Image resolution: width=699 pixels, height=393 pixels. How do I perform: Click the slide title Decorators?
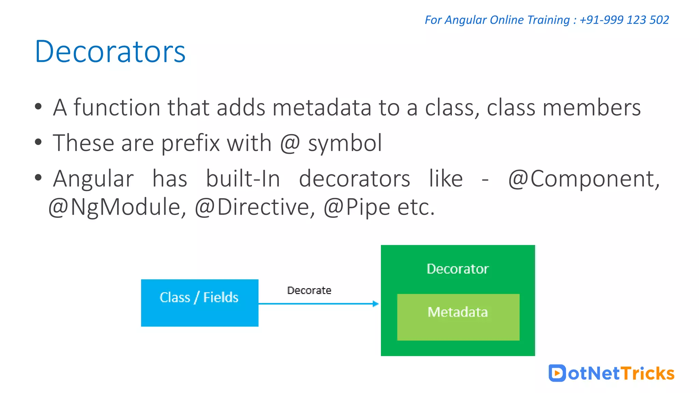(110, 52)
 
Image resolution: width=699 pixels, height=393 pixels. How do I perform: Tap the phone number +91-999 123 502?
(624, 20)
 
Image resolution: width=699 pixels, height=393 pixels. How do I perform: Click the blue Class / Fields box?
(199, 303)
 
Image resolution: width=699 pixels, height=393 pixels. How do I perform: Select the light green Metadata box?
(458, 317)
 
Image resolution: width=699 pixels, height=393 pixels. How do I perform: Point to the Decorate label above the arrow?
(309, 290)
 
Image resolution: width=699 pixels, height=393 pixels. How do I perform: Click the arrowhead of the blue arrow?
(375, 304)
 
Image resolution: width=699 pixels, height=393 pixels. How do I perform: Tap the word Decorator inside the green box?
(457, 269)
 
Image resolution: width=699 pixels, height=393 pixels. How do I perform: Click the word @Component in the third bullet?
(584, 179)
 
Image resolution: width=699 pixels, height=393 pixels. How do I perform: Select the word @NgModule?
(117, 207)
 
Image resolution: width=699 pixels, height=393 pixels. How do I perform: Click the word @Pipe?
(356, 207)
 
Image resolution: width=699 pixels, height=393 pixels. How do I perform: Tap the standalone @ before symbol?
(290, 143)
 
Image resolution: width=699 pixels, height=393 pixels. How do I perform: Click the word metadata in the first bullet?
(322, 108)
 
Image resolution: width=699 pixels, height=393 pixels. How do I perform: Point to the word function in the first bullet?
(117, 108)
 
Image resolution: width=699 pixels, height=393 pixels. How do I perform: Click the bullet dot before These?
(38, 142)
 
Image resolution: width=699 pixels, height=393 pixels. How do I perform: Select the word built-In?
(243, 179)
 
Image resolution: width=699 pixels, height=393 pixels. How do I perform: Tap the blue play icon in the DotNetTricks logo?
(557, 373)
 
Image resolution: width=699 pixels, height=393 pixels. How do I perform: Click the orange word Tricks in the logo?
(647, 373)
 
